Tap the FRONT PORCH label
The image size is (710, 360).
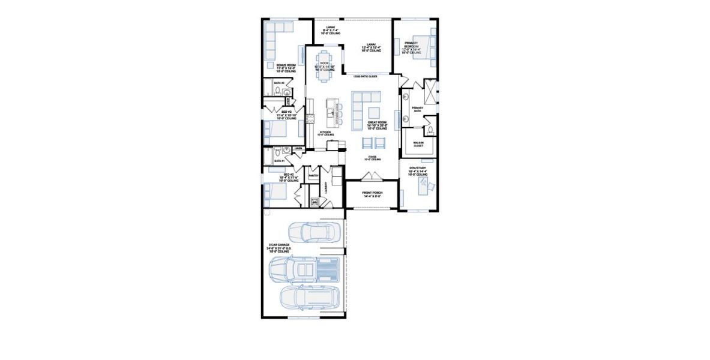372,194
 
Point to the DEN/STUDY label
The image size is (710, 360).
418,171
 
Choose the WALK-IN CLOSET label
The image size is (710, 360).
418,144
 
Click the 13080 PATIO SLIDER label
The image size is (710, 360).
365,77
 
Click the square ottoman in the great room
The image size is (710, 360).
374,113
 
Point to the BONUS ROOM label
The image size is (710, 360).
286,68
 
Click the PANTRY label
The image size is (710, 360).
313,176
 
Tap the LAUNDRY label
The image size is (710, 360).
326,188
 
